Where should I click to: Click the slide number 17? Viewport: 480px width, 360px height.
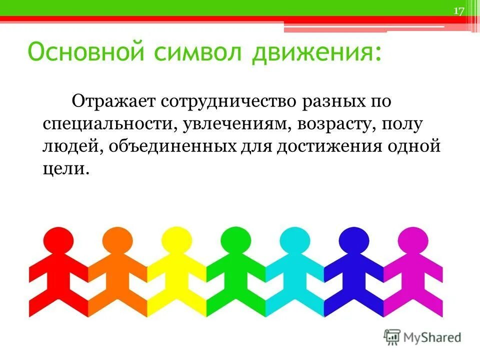pyautogui.click(x=459, y=11)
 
